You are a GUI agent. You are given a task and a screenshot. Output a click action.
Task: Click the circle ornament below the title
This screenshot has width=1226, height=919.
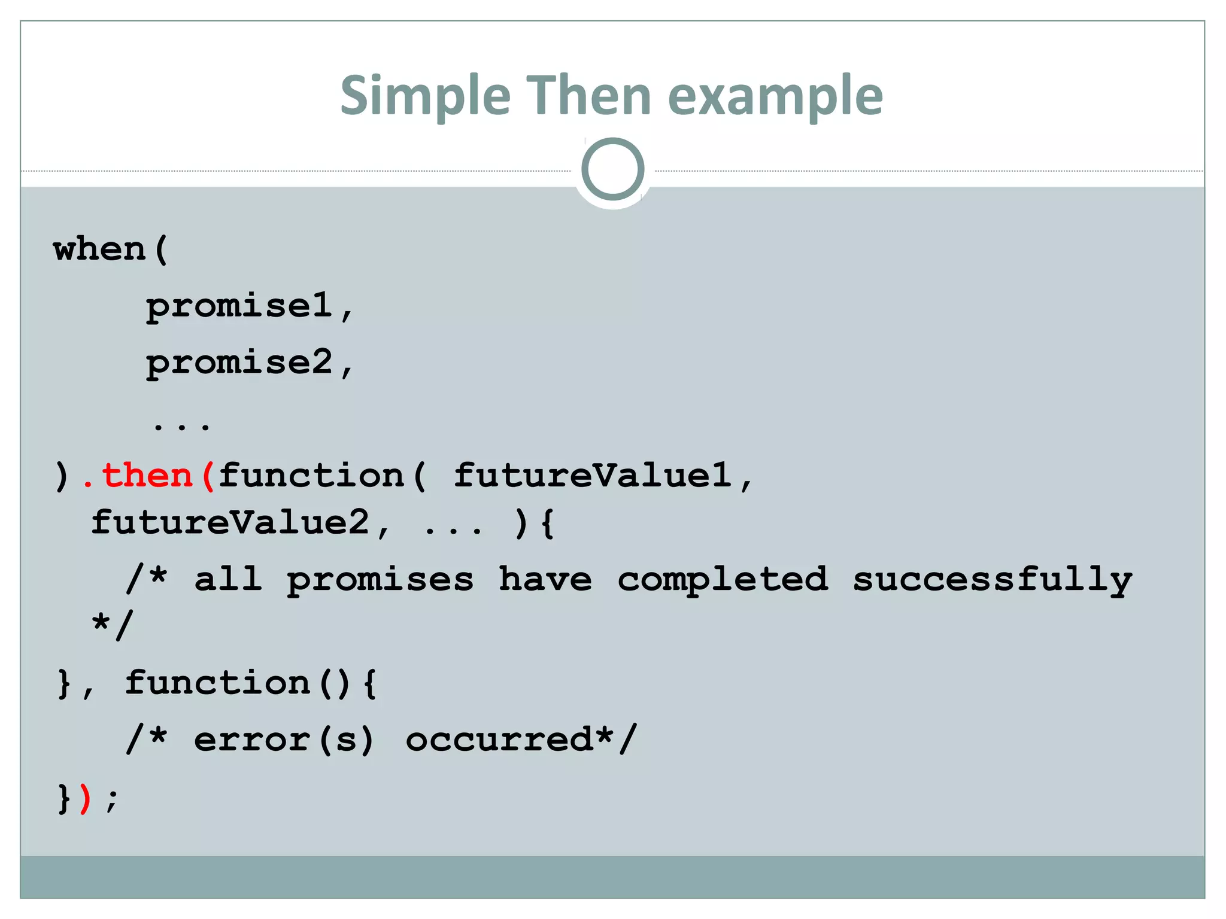click(x=612, y=169)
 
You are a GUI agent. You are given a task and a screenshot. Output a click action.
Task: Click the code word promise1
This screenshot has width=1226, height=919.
click(x=239, y=306)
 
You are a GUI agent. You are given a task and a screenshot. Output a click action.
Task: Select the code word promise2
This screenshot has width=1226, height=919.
click(x=239, y=363)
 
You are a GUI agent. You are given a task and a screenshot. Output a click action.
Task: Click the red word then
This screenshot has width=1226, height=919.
click(x=147, y=476)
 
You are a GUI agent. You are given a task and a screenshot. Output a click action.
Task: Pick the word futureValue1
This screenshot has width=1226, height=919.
click(x=592, y=476)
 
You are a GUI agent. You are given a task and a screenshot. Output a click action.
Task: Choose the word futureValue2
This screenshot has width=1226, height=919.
click(x=230, y=522)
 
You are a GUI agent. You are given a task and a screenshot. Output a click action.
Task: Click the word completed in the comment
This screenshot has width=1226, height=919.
click(x=723, y=579)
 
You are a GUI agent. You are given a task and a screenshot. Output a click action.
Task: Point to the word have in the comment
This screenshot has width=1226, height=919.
click(x=545, y=579)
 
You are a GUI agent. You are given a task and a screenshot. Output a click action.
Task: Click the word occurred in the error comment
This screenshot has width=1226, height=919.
click(x=499, y=740)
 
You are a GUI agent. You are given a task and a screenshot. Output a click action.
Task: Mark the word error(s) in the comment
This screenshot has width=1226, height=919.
click(x=284, y=740)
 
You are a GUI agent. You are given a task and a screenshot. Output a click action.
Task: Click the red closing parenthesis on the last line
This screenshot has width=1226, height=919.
click(x=85, y=798)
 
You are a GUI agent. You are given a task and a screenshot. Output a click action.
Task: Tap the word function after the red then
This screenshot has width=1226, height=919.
click(x=311, y=476)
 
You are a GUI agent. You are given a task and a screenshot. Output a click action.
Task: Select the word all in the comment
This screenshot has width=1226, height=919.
click(x=228, y=579)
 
